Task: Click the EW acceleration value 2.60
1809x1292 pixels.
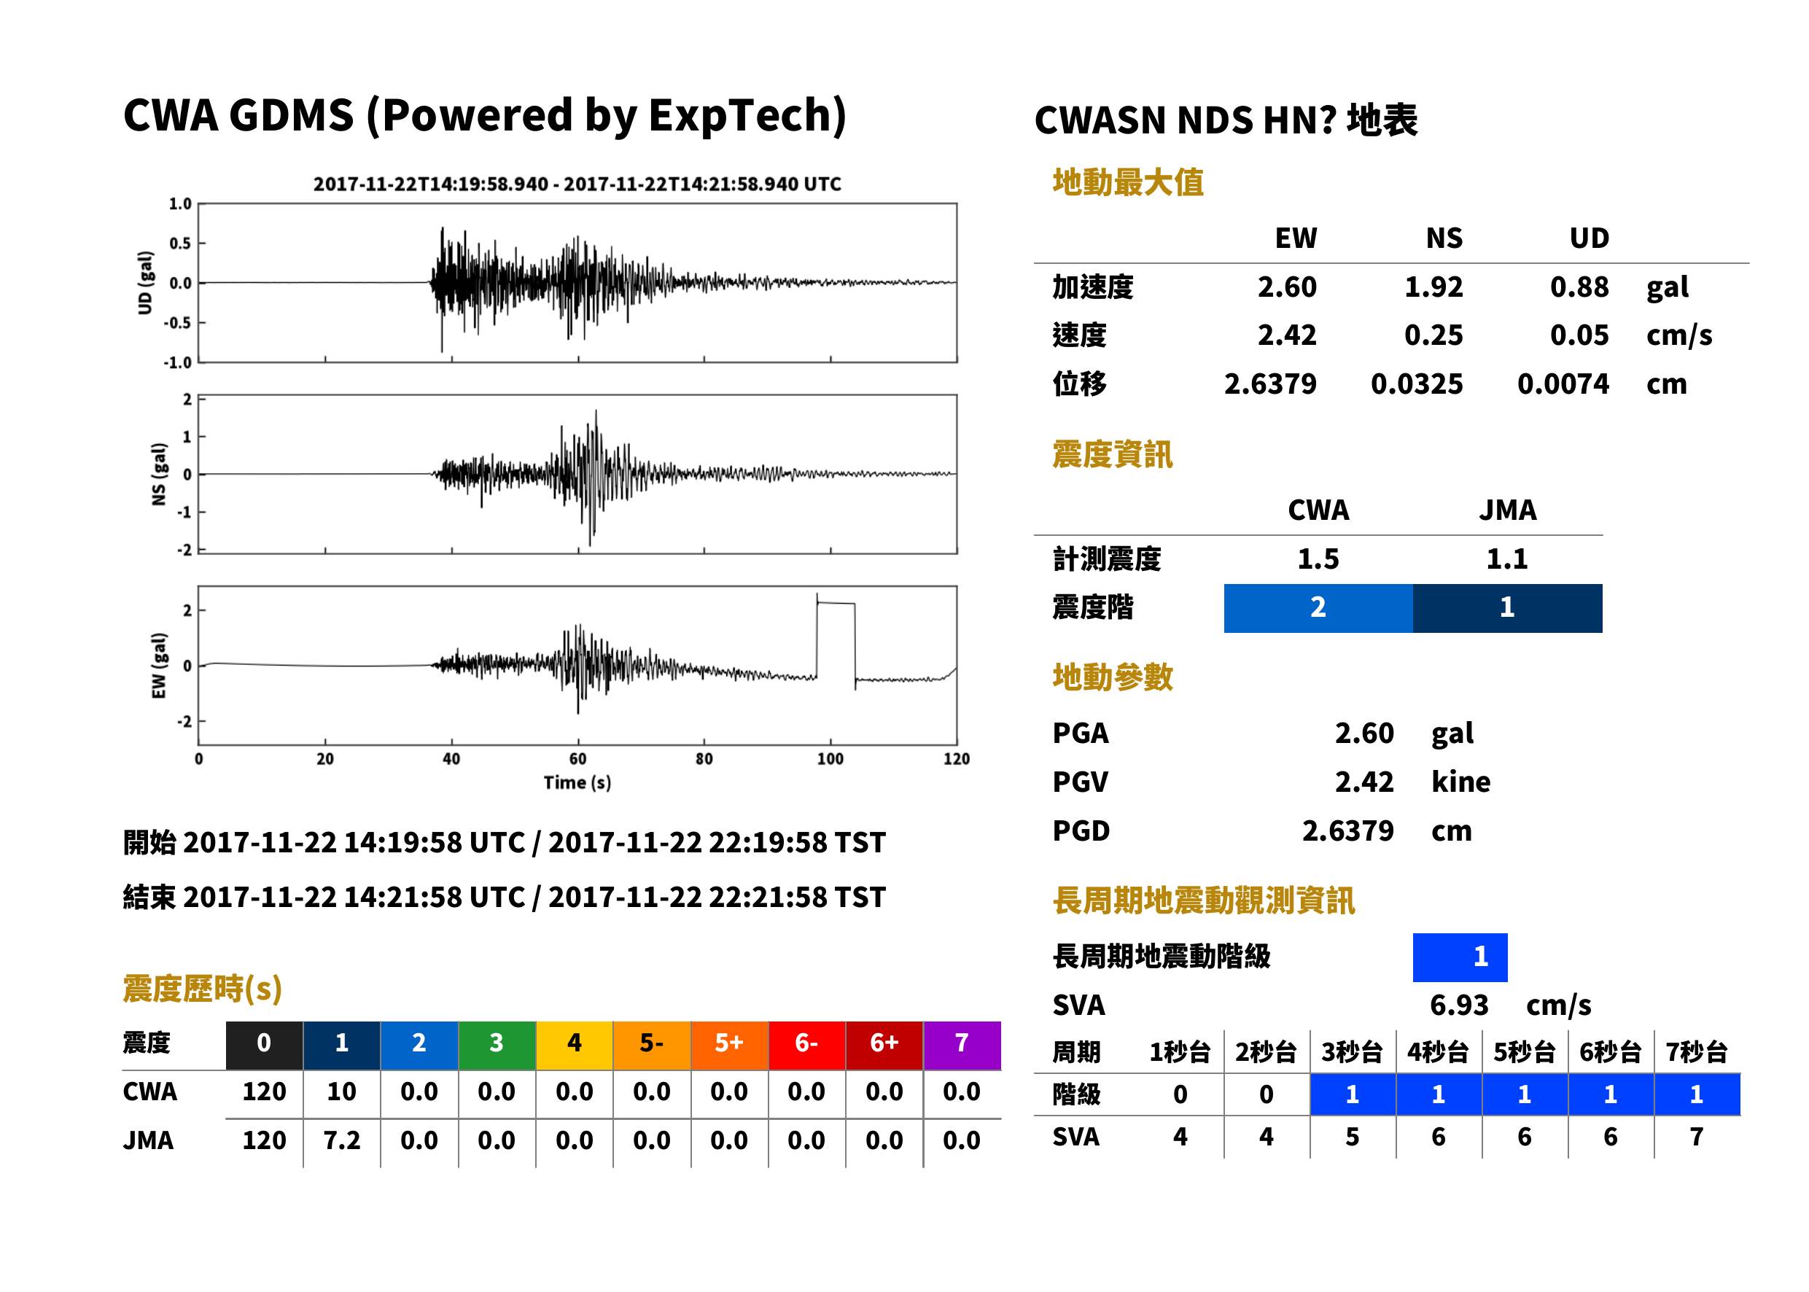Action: click(1286, 287)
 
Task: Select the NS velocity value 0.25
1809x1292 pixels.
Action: click(1433, 335)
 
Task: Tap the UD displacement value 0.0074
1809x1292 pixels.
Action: click(1563, 384)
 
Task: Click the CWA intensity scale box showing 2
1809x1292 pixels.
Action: click(1318, 608)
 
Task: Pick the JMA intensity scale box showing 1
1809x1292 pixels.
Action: click(1508, 608)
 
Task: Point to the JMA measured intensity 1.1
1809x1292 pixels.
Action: click(1506, 559)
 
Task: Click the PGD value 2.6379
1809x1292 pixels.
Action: click(1347, 831)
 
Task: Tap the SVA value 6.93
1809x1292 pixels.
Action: click(1459, 1005)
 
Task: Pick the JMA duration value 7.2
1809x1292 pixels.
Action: click(342, 1141)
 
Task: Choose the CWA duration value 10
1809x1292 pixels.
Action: click(342, 1092)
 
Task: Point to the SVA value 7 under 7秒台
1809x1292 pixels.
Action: click(1696, 1137)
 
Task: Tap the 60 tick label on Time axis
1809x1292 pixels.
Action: click(577, 759)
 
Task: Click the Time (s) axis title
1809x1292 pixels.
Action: click(577, 783)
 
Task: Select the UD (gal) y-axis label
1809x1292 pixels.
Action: click(145, 283)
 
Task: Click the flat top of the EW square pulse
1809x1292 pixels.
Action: click(836, 604)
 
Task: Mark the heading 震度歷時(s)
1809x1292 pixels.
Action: click(203, 989)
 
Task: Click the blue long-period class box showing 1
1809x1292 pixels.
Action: click(1460, 957)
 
